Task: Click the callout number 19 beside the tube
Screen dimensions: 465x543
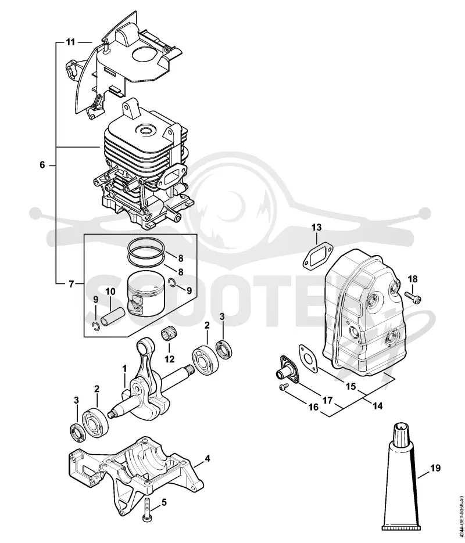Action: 435,468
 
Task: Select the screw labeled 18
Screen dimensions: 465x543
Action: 413,297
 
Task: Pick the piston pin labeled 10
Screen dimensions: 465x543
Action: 108,317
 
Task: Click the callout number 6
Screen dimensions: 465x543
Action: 42,165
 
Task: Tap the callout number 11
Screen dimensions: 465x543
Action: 70,42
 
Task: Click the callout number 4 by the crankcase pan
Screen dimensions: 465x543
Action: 207,459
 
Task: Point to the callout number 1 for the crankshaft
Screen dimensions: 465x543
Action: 125,368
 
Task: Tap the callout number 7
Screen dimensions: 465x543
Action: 71,285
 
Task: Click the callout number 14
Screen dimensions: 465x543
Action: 377,405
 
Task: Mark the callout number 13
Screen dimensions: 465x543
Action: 316,228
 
